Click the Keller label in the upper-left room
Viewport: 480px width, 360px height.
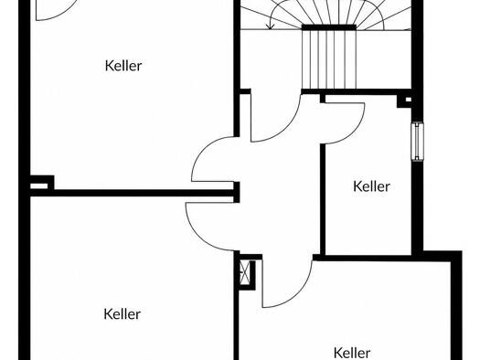(x=123, y=66)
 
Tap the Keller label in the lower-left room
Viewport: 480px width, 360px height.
(x=123, y=314)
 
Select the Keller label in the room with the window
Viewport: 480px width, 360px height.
(x=371, y=186)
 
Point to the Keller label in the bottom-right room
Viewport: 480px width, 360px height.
(x=352, y=353)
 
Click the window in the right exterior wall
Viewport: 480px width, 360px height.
(x=417, y=142)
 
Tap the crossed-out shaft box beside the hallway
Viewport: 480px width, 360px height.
(x=245, y=272)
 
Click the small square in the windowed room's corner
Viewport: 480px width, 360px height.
(x=409, y=100)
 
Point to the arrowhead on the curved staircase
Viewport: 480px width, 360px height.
(x=270, y=26)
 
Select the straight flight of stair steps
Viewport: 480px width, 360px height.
(x=329, y=59)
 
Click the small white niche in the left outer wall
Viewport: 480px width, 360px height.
(x=39, y=186)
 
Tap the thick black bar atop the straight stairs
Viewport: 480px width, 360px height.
(x=329, y=27)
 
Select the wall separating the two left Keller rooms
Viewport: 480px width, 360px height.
(x=132, y=193)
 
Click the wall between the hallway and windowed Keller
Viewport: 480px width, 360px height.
(x=323, y=199)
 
